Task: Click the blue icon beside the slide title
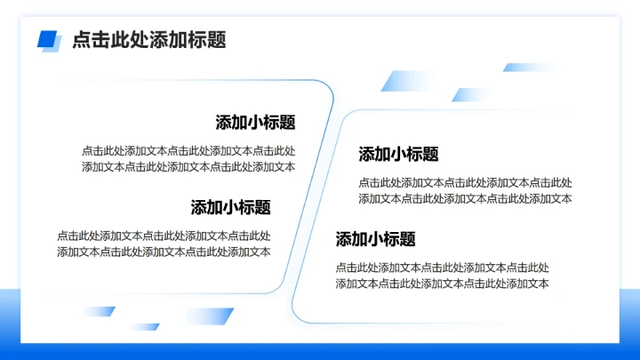(x=48, y=40)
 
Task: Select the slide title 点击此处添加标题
(x=148, y=40)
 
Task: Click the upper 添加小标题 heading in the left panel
(x=255, y=123)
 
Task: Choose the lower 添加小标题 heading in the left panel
(x=230, y=207)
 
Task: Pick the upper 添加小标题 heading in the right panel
(x=398, y=154)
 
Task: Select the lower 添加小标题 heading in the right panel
(x=375, y=238)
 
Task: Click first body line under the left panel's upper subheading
(x=188, y=150)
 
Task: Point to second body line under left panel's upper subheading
(x=188, y=166)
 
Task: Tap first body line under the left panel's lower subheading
(x=164, y=236)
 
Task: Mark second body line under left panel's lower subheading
(x=164, y=252)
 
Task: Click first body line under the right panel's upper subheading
(x=465, y=182)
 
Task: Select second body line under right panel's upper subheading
(x=465, y=198)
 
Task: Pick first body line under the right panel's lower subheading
(x=442, y=267)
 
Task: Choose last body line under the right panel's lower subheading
(x=442, y=284)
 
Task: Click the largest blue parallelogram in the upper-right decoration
(x=401, y=81)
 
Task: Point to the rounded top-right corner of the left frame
(x=326, y=86)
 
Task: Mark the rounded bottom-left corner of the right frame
(x=300, y=316)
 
